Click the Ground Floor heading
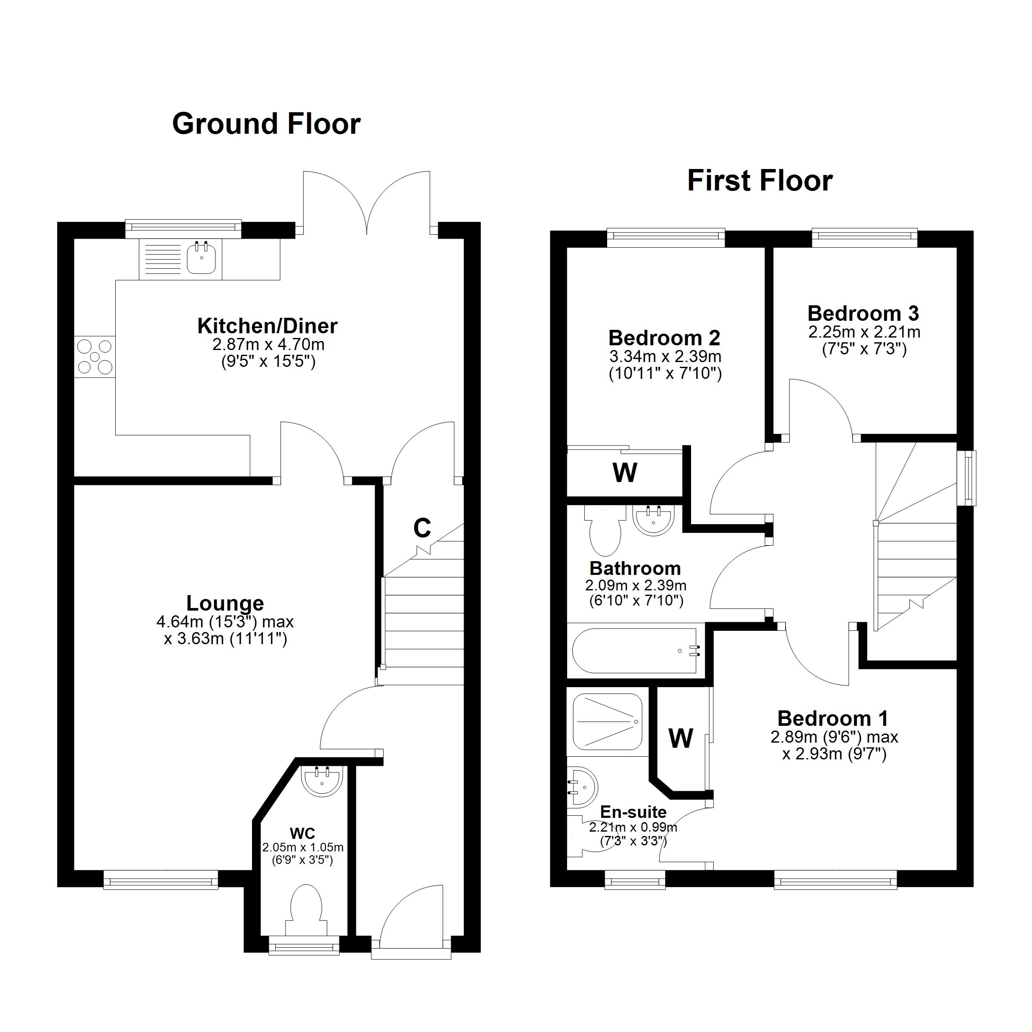(x=266, y=124)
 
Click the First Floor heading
(x=759, y=181)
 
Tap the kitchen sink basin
(x=201, y=259)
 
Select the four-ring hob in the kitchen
(x=95, y=356)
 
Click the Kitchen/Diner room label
(x=267, y=326)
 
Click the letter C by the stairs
(x=422, y=528)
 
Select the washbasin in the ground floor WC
(x=322, y=781)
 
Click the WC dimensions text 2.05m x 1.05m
(x=302, y=848)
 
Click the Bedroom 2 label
(x=664, y=338)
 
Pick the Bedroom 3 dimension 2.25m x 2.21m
(x=864, y=332)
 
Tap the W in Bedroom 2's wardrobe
(x=624, y=472)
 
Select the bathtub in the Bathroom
(x=635, y=651)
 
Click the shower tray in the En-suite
(x=607, y=722)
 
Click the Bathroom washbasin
(x=653, y=520)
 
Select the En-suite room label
(x=633, y=812)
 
